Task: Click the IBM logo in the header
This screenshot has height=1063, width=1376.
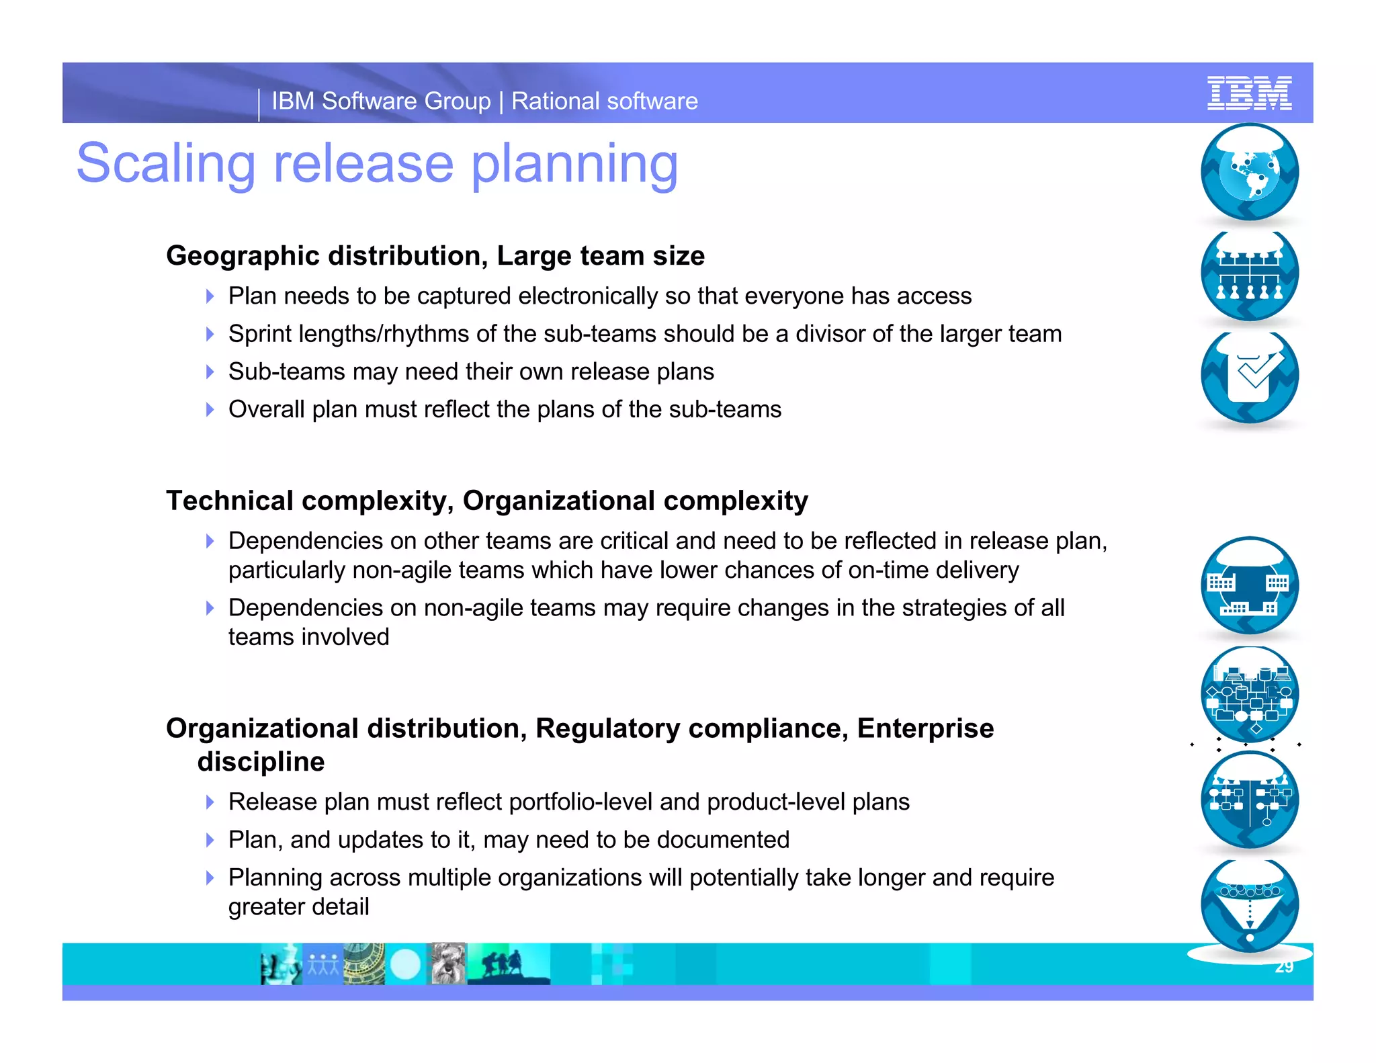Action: click(1249, 93)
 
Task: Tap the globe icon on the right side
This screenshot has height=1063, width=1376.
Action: click(1249, 172)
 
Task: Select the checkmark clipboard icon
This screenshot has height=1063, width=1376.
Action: click(1249, 376)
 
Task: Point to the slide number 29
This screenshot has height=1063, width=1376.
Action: click(1284, 967)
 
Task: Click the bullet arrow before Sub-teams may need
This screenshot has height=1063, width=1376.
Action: click(210, 372)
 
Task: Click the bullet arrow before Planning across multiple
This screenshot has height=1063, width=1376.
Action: click(210, 878)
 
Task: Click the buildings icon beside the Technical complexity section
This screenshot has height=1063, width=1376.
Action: click(1249, 586)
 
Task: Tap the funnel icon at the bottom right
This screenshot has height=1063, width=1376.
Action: click(1249, 905)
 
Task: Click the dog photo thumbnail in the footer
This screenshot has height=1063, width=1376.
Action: click(447, 964)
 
